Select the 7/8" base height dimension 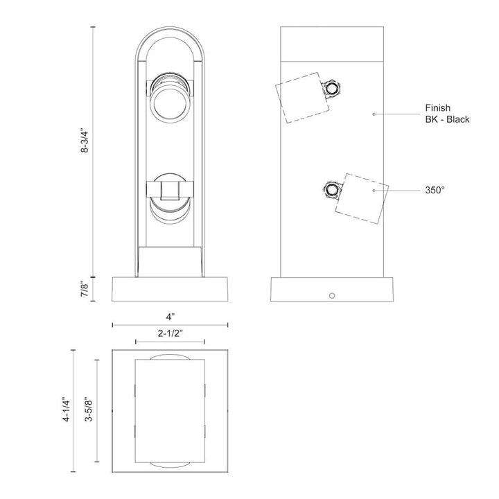[85, 288]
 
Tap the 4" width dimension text [170, 315]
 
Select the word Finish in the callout [438, 107]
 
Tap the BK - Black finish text [447, 119]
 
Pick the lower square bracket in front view [170, 189]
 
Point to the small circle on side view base [333, 297]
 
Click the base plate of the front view [170, 289]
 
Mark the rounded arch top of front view [170, 42]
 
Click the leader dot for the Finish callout [374, 113]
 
